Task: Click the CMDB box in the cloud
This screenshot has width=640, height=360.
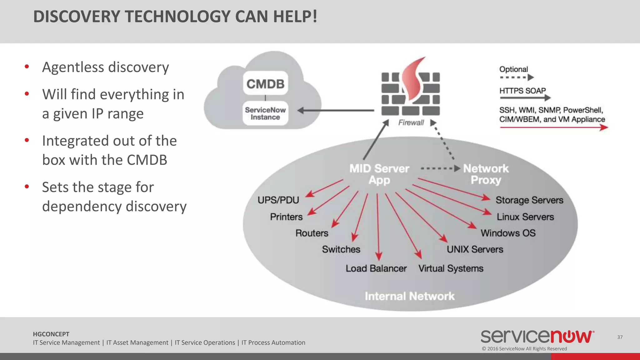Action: (x=265, y=83)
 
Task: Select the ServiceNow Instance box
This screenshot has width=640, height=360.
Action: (x=265, y=113)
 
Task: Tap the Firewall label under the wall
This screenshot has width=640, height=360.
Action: (x=411, y=122)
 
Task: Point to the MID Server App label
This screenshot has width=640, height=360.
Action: (x=379, y=174)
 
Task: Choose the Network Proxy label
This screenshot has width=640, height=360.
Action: (x=486, y=174)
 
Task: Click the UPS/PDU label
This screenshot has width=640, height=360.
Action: (x=278, y=200)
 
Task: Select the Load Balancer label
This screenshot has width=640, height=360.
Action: (x=376, y=268)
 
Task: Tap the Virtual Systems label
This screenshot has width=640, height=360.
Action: (x=451, y=268)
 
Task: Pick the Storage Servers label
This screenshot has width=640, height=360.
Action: (x=529, y=200)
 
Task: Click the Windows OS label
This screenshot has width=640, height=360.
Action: (x=508, y=233)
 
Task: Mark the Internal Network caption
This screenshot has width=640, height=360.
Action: (x=410, y=296)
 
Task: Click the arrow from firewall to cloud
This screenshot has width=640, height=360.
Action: (x=336, y=110)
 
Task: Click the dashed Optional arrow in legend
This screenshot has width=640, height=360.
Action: (x=516, y=77)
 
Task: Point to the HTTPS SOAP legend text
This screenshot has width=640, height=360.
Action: (x=522, y=91)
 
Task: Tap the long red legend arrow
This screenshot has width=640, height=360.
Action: (x=553, y=127)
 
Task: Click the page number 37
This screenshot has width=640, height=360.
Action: (x=620, y=337)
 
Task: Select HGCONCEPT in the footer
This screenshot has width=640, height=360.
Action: (x=51, y=334)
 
